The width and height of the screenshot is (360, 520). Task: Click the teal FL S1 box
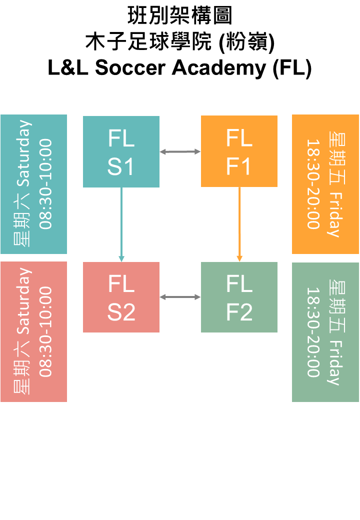121,152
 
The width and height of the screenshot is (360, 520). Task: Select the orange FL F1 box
239,151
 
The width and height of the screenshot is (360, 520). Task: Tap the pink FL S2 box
121,297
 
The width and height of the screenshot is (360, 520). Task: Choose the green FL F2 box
239,297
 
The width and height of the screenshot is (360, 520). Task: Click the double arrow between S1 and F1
180,151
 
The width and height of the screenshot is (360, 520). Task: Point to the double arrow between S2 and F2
180,297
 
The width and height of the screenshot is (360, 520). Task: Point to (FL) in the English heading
292,68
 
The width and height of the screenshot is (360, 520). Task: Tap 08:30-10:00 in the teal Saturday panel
46,184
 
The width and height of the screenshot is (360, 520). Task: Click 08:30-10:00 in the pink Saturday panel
46,331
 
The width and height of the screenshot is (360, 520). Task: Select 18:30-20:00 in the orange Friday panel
313,184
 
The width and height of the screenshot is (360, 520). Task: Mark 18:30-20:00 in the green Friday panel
313,332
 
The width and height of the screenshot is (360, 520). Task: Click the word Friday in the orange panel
334,214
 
